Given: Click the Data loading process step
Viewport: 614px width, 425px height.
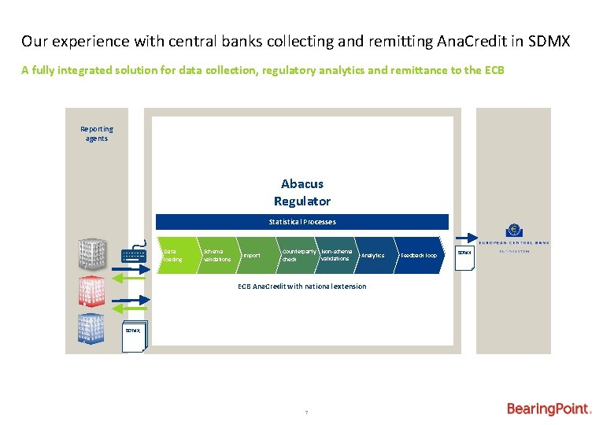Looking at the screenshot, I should [175, 255].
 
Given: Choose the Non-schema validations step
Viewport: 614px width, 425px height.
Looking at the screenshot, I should [336, 255].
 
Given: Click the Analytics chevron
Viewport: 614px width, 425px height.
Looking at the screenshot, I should [373, 255].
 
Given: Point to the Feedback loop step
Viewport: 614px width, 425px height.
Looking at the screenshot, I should [418, 255].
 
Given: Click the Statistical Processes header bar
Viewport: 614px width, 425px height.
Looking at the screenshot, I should [302, 222].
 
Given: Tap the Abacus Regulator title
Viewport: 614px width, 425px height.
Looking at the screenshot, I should [302, 192].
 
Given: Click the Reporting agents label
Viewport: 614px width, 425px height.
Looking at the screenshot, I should [97, 134].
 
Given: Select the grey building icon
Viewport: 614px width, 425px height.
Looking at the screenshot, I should [91, 254].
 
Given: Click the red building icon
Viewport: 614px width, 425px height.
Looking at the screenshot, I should [91, 291].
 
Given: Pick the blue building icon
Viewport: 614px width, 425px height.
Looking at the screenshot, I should [91, 328].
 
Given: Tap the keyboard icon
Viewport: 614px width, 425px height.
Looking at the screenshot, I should [133, 256].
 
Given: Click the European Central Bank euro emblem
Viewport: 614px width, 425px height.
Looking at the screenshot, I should [515, 231].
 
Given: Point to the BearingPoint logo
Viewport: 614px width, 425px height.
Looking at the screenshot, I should [549, 409].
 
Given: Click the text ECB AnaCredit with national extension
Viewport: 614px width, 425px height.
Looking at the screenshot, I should [302, 286].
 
